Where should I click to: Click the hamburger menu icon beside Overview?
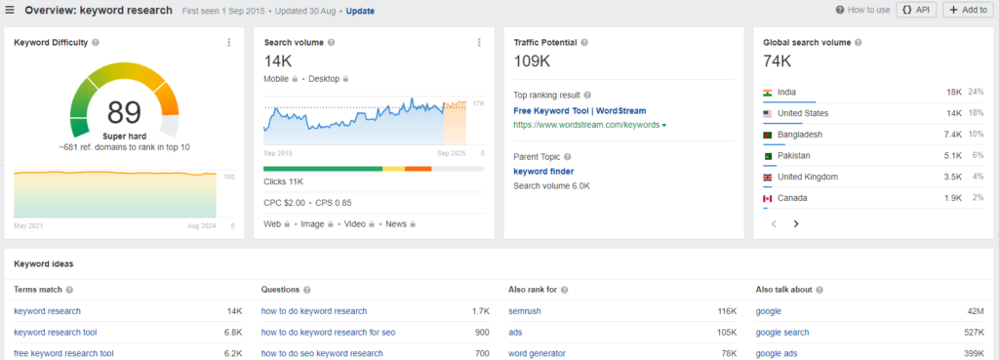coord(9,11)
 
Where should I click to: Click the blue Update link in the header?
coord(360,11)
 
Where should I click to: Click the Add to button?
coord(968,10)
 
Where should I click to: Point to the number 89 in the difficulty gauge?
coord(125,112)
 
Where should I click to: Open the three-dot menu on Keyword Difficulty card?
coord(229,43)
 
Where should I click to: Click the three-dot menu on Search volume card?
coord(479,43)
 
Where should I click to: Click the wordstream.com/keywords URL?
coord(586,126)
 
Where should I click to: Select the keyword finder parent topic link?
coord(543,172)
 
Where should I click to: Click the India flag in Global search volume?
coord(768,93)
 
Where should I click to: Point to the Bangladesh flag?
coord(768,135)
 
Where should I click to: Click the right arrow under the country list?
coord(796,223)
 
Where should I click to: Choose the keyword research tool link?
coord(56,333)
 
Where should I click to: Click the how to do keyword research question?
coord(314,311)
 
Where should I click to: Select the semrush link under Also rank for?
coord(525,311)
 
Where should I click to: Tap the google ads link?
coord(777,353)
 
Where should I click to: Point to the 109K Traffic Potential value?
coord(532,60)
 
